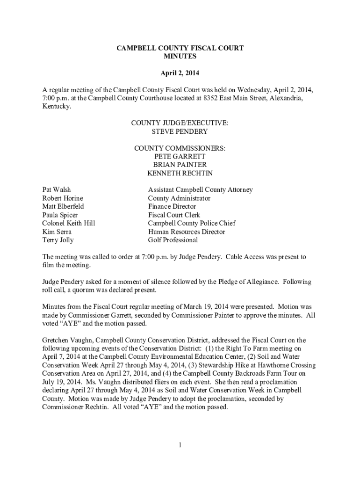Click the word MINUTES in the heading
(x=180, y=57)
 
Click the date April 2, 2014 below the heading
(x=180, y=73)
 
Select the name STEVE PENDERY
(x=180, y=131)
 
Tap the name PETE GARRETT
(x=180, y=156)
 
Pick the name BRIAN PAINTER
(x=180, y=165)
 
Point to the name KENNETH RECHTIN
(x=180, y=173)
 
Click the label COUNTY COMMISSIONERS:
(x=180, y=148)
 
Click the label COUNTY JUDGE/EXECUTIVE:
(x=180, y=123)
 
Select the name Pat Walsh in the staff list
(x=57, y=189)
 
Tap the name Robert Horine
(x=63, y=198)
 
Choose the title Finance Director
(x=172, y=206)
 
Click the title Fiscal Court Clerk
(x=174, y=215)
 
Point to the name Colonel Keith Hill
(x=69, y=223)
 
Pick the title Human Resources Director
(x=187, y=232)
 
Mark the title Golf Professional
(x=173, y=240)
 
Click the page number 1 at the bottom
(x=180, y=445)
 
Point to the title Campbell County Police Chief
(x=192, y=223)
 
